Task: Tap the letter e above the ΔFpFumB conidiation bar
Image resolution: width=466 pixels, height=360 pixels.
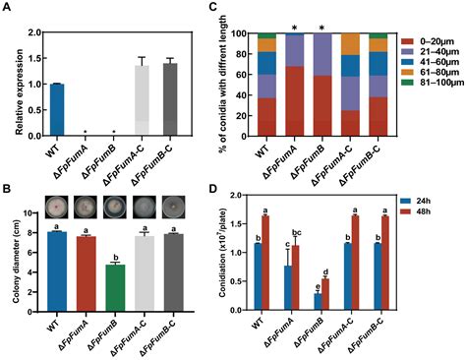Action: (x=342, y=286)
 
